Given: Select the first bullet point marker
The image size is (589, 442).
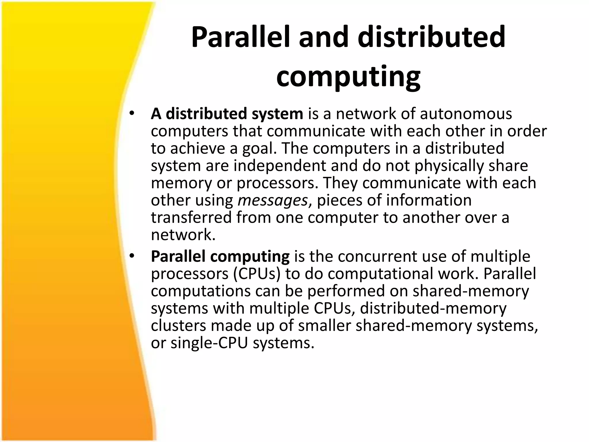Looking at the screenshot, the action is click(132, 113).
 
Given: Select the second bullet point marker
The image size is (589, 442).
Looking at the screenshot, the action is click(132, 256).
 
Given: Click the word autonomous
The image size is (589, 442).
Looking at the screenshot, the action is click(466, 114).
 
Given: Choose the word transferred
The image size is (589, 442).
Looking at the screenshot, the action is click(191, 218).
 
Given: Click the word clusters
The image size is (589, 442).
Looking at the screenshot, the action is click(179, 325).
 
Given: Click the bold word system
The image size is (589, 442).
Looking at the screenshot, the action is click(277, 114).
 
